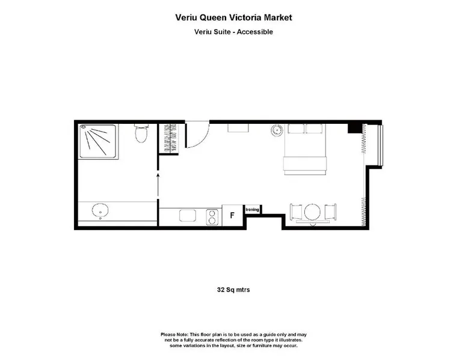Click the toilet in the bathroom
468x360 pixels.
pos(141,133)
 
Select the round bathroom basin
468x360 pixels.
pos(100,210)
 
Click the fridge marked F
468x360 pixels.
pos(232,215)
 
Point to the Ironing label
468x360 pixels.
pos(252,210)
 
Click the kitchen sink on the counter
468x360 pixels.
pos(188,216)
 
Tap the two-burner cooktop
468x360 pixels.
pos(212,217)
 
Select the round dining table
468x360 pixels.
pos(312,212)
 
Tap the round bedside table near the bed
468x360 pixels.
pos(277,130)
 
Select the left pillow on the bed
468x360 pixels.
pos(296,129)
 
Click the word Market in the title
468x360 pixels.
pos(278,17)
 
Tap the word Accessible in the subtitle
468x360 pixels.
pos(254,32)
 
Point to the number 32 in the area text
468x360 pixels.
pos(221,290)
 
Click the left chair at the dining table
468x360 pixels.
pos(296,212)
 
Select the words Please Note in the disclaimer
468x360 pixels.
pos(174,335)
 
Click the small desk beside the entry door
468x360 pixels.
pos(238,127)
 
